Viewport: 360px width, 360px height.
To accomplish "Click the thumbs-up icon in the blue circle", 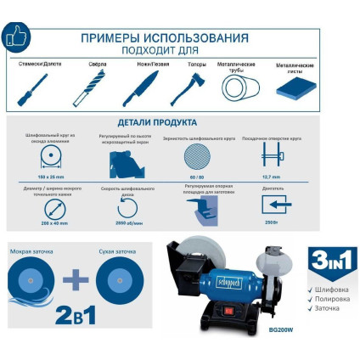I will point(17,36).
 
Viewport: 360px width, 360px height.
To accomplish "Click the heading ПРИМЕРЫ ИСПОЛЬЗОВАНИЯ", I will point(165,38).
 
